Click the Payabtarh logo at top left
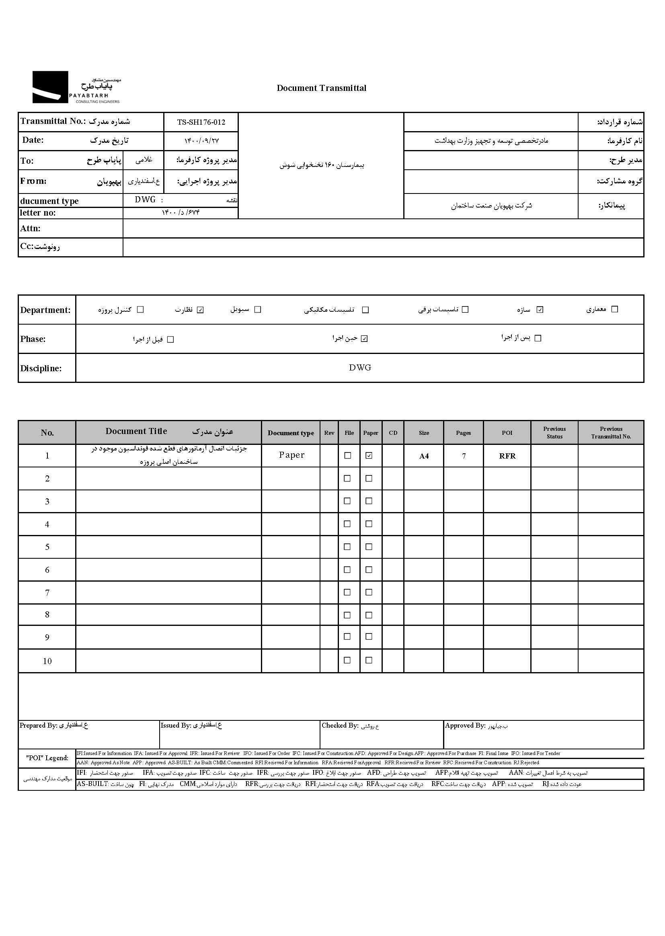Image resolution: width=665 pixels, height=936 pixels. click(x=76, y=87)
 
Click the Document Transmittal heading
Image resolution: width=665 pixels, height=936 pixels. click(x=322, y=88)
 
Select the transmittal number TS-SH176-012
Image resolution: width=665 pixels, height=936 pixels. click(x=201, y=122)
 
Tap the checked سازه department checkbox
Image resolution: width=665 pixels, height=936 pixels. click(x=540, y=310)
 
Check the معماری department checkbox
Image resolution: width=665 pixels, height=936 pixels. click(x=614, y=309)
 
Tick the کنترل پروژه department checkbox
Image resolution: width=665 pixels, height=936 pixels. click(x=140, y=310)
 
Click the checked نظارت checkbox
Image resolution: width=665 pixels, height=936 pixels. click(x=200, y=310)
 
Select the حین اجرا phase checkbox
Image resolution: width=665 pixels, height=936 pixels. click(x=364, y=339)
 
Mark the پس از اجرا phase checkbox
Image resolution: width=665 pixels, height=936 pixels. click(x=538, y=338)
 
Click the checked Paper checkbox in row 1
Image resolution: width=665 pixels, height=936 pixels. click(x=369, y=455)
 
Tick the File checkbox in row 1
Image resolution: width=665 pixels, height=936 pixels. click(x=348, y=455)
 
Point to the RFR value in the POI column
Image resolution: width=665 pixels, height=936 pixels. click(x=507, y=456)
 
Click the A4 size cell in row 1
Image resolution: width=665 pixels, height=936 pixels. click(x=424, y=456)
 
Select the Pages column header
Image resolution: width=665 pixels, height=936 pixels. click(x=463, y=433)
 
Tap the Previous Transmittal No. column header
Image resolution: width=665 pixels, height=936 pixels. click(x=611, y=432)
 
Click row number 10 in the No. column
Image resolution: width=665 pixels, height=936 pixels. click(x=47, y=661)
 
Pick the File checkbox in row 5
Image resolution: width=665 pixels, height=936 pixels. click(x=347, y=547)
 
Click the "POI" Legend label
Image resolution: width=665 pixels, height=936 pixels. click(x=47, y=758)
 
